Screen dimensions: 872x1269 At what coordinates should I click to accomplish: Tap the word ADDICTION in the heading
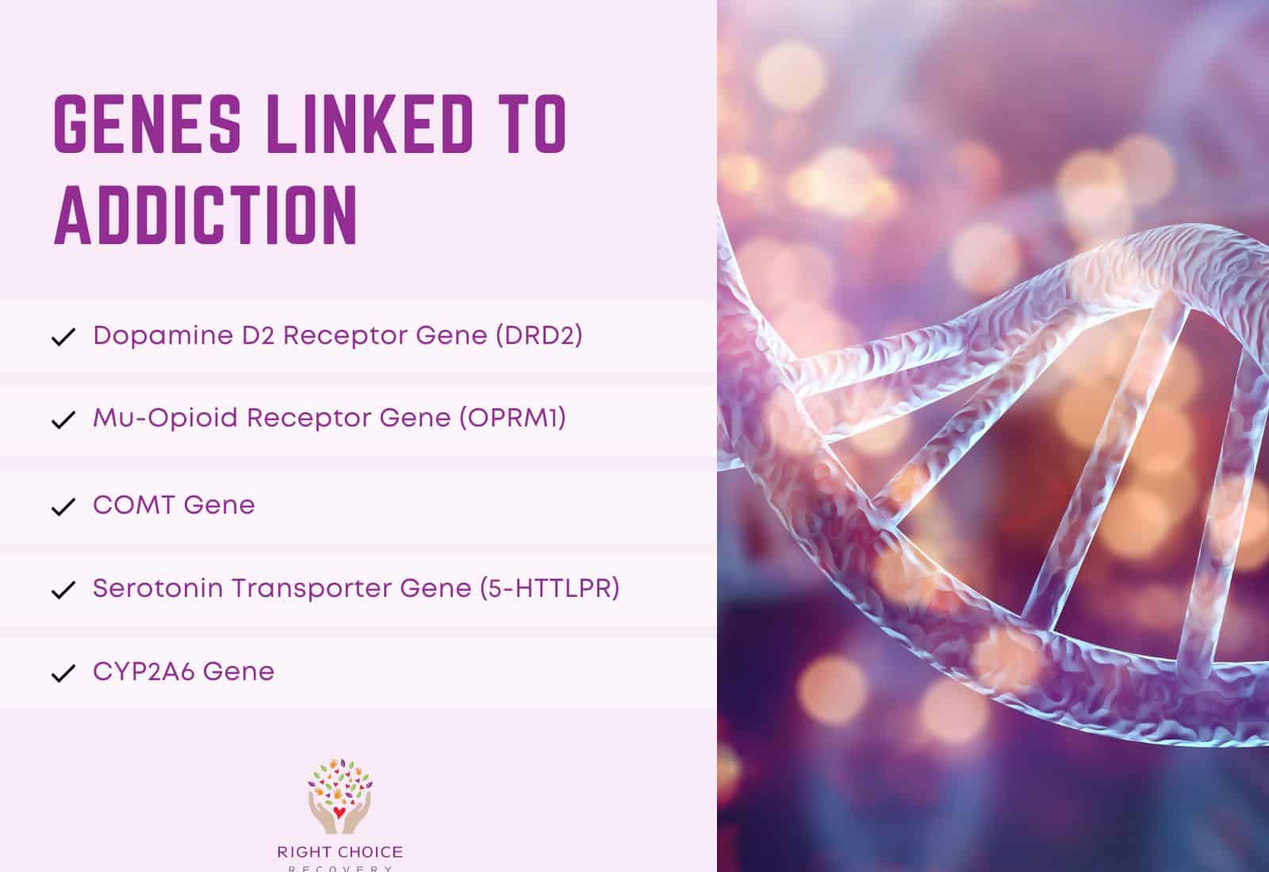[206, 216]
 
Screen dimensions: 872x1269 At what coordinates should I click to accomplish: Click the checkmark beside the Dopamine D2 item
[63, 338]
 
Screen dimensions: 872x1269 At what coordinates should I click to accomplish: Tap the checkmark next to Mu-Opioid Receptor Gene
[63, 421]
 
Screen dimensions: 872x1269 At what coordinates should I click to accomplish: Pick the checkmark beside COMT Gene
[63, 507]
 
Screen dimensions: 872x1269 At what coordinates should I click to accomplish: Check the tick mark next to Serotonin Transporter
[63, 591]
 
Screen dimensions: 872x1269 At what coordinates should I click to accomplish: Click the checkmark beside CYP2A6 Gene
[63, 674]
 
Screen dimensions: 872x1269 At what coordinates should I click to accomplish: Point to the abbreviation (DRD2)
[539, 335]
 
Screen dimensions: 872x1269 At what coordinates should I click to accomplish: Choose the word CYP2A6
[144, 671]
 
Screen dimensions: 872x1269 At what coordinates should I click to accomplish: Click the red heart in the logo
[339, 813]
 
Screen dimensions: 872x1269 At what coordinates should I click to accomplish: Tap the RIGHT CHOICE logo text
[339, 853]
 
